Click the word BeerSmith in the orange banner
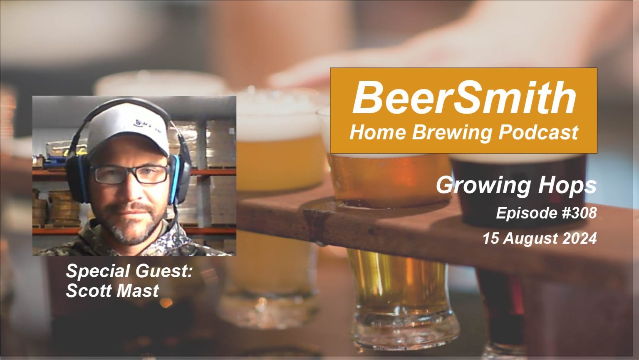point(464,98)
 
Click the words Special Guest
point(129,271)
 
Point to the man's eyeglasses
point(130,174)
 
